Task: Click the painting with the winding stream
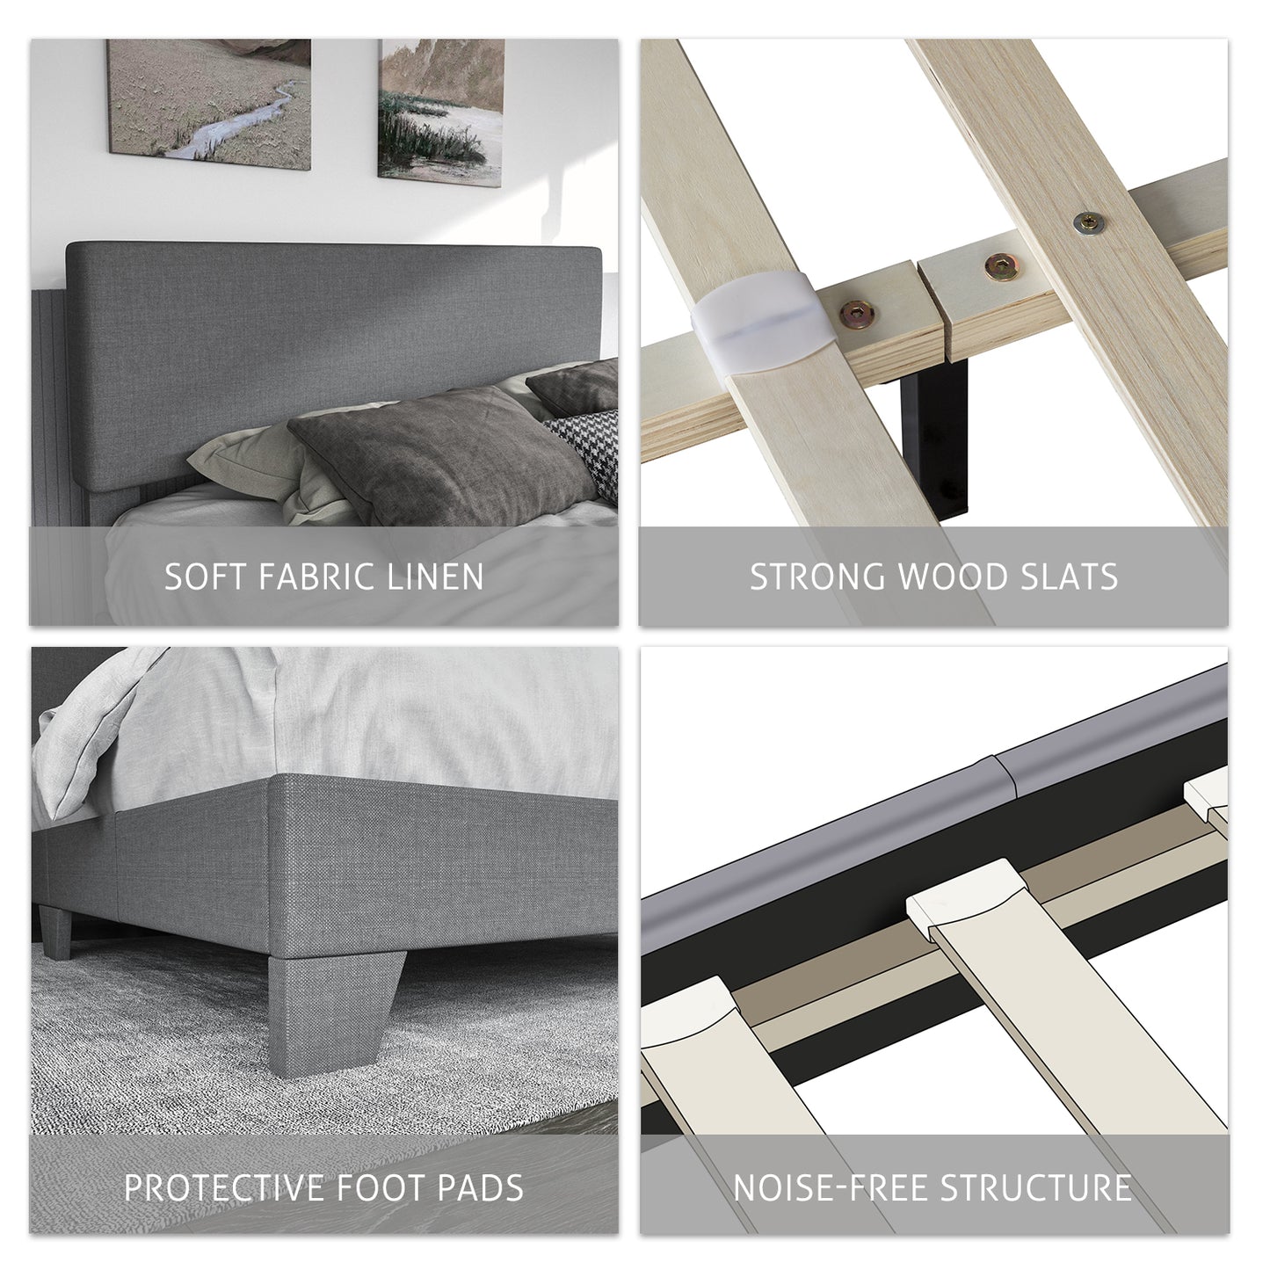click(209, 104)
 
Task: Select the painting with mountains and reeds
click(441, 112)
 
